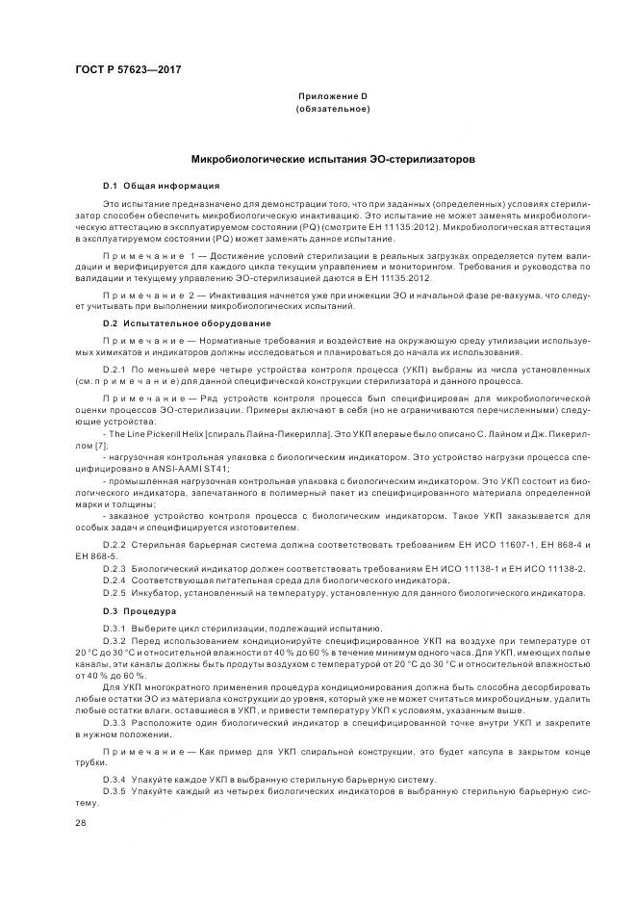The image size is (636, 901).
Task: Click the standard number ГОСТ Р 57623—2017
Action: [x=128, y=70]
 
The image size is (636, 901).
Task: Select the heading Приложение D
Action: [x=332, y=96]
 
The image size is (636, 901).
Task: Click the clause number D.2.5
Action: [x=114, y=593]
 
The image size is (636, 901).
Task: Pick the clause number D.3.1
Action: [x=114, y=628]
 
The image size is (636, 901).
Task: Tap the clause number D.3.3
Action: [x=114, y=721]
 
